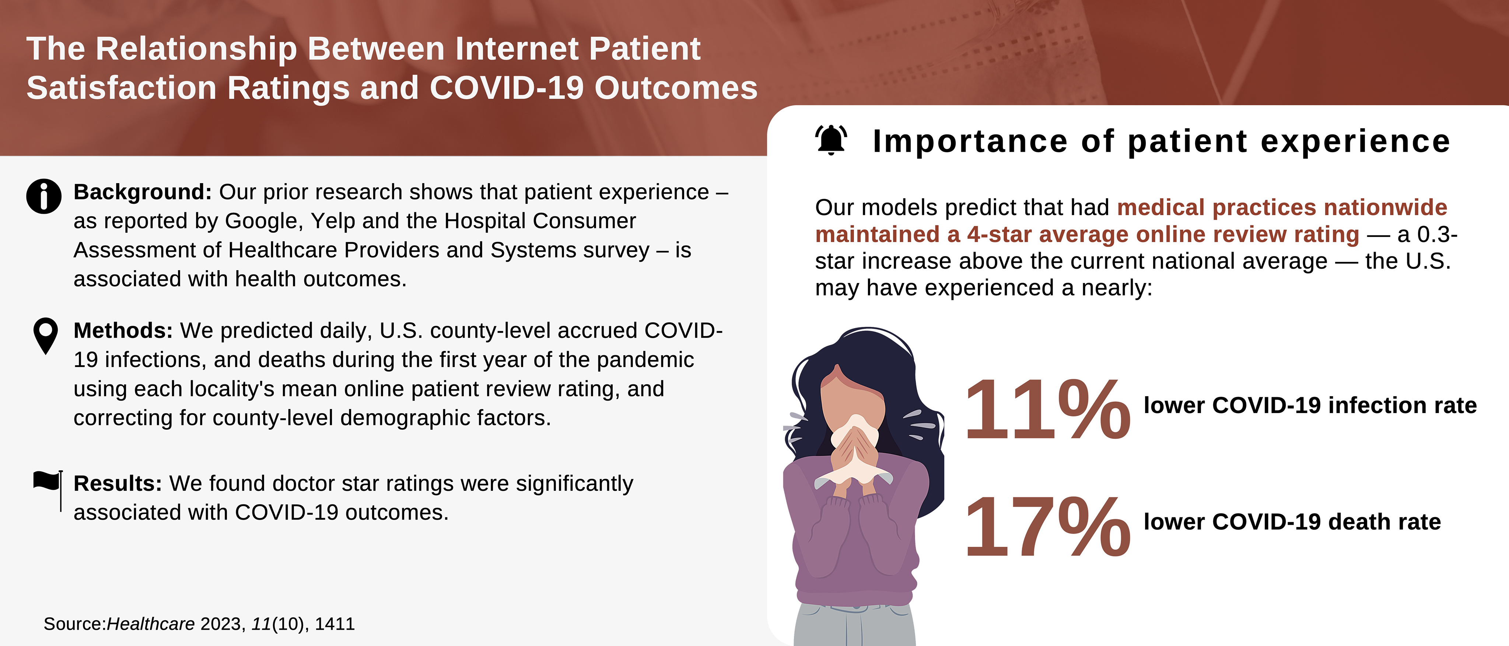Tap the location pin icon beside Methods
(x=46, y=336)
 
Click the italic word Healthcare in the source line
(x=151, y=624)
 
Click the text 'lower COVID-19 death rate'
(x=1292, y=522)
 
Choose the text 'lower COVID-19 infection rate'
(x=1310, y=406)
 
